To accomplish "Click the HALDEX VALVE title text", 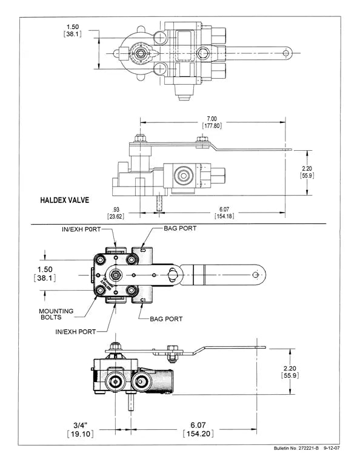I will point(65,199).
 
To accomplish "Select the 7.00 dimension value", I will point(211,118).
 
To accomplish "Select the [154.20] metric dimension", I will point(197,433).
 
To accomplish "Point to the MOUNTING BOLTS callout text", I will point(56,314).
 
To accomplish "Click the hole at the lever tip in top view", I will point(285,53).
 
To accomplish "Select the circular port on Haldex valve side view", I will point(181,177).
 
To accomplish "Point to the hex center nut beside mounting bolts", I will point(115,279).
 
